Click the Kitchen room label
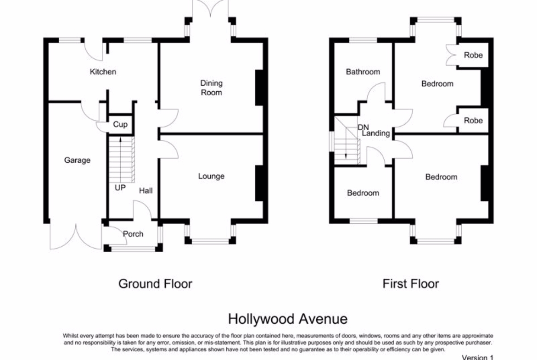tap(103, 72)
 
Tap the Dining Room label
tap(211, 88)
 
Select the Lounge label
tap(211, 176)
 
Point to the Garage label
tap(78, 160)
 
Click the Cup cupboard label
tap(120, 125)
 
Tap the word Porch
tap(133, 234)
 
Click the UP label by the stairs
tap(120, 188)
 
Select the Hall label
tap(146, 191)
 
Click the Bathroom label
tap(363, 72)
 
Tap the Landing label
tap(376, 133)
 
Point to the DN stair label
tap(363, 127)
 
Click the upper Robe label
tap(473, 55)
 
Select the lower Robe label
tap(473, 121)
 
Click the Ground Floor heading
tap(156, 284)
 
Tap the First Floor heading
tap(411, 284)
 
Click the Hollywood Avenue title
tap(288, 319)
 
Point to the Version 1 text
tap(478, 357)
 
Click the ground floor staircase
tap(122, 160)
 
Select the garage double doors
tap(76, 236)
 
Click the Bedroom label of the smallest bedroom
tap(363, 193)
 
